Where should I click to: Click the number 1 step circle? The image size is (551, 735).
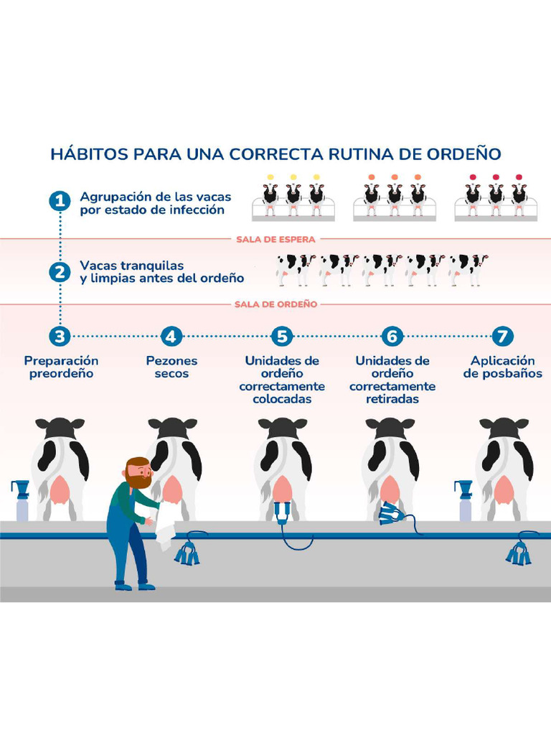pyautogui.click(x=60, y=201)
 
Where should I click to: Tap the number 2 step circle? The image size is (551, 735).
pyautogui.click(x=60, y=272)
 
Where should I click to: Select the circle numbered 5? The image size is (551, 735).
pyautogui.click(x=282, y=335)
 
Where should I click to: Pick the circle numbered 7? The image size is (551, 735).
pyautogui.click(x=503, y=335)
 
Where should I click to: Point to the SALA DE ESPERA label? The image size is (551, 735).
pyautogui.click(x=275, y=239)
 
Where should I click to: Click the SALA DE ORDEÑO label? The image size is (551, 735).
pyautogui.click(x=275, y=304)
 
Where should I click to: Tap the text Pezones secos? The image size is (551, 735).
pyautogui.click(x=171, y=367)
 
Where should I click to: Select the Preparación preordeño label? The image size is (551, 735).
pyautogui.click(x=61, y=367)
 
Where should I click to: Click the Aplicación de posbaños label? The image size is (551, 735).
pyautogui.click(x=503, y=367)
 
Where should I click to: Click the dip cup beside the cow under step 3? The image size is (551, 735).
pyautogui.click(x=22, y=500)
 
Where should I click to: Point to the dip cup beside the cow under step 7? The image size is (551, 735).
pyautogui.click(x=464, y=500)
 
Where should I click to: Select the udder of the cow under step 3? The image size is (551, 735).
pyautogui.click(x=60, y=491)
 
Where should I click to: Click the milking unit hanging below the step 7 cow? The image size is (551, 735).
pyautogui.click(x=518, y=553)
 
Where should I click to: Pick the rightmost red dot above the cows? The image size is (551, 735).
pyautogui.click(x=519, y=177)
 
